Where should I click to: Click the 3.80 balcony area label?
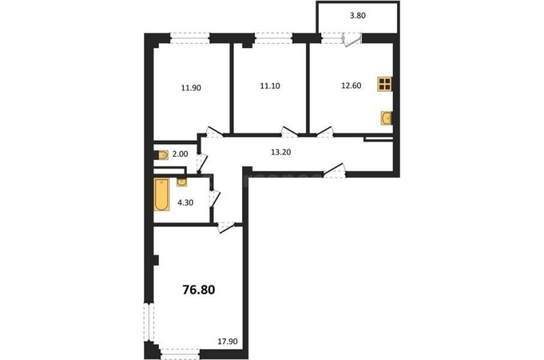tap(357, 16)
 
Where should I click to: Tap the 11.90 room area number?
tap(191, 88)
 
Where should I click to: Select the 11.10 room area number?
tap(270, 86)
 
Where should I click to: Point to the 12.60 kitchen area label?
tap(351, 85)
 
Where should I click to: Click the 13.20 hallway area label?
tap(280, 152)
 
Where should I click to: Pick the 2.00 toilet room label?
tap(180, 154)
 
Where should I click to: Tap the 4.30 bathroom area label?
tap(185, 203)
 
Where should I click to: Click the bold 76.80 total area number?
tap(199, 289)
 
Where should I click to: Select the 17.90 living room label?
tap(227, 342)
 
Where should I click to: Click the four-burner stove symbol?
tap(385, 84)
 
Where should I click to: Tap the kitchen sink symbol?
tap(386, 118)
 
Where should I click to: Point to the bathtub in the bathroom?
tap(162, 194)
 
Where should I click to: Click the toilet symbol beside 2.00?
tap(162, 155)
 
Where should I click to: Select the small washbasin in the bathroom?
tap(182, 181)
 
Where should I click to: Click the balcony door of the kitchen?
tap(352, 39)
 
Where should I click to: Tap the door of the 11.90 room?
tap(214, 132)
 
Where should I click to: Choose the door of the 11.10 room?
tap(290, 132)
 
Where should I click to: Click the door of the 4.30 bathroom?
tap(215, 199)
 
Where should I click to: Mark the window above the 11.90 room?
tap(190, 38)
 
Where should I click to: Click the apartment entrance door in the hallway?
tap(334, 171)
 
